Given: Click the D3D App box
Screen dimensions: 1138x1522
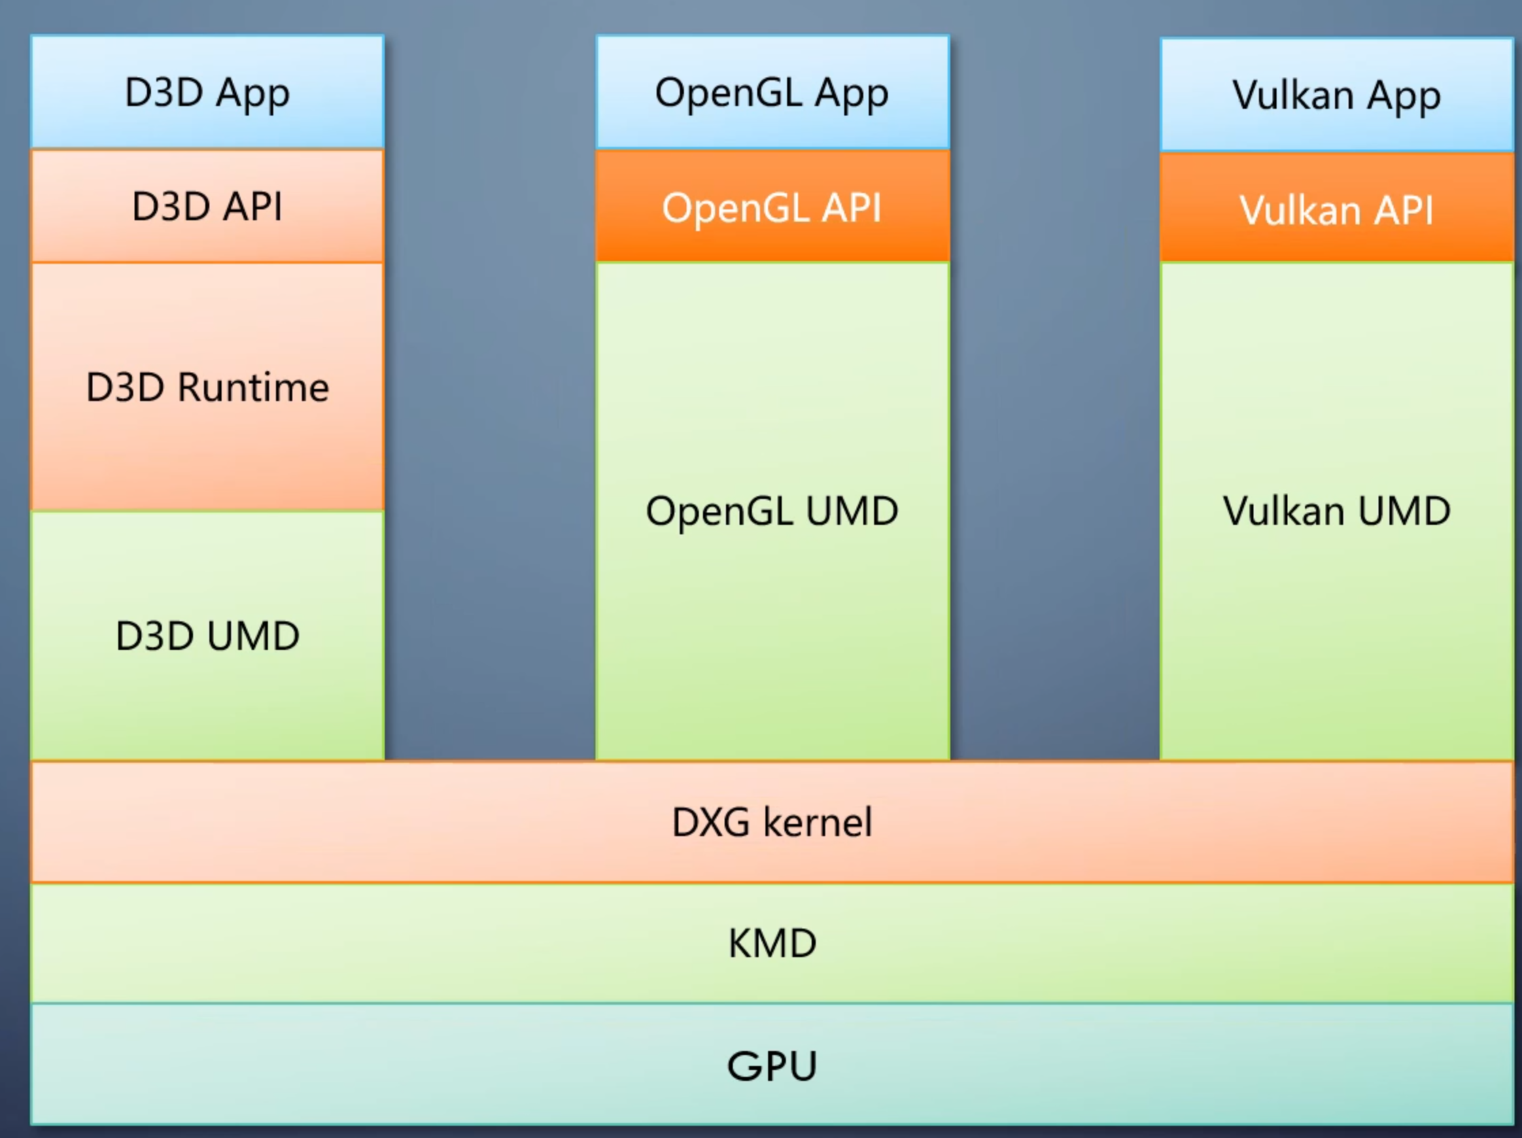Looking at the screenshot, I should (207, 92).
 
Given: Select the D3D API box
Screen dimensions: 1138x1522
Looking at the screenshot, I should (207, 206).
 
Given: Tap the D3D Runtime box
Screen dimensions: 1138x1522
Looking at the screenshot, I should (207, 387).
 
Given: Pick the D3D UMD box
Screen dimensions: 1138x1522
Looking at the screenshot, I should (207, 635).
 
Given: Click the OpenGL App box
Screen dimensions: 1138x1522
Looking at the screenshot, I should (772, 92).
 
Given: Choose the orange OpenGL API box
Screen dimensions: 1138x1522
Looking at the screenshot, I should (772, 207).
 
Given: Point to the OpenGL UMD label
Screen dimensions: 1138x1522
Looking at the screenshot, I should (772, 511).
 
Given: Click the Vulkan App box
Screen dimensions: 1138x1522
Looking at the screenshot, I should (1336, 95).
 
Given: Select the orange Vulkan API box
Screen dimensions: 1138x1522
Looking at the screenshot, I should (1336, 209).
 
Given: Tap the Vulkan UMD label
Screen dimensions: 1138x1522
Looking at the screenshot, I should (1336, 511).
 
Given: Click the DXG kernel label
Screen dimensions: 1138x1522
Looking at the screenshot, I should (772, 821).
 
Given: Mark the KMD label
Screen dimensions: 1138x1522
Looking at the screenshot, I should (772, 943).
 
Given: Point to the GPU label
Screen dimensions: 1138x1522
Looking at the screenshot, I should (772, 1066).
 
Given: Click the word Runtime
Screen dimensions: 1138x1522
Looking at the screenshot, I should (253, 387).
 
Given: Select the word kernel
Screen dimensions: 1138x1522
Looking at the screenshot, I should (818, 821).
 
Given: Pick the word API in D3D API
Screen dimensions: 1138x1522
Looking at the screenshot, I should (255, 206).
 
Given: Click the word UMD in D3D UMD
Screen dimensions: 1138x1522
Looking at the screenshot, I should (253, 635).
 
